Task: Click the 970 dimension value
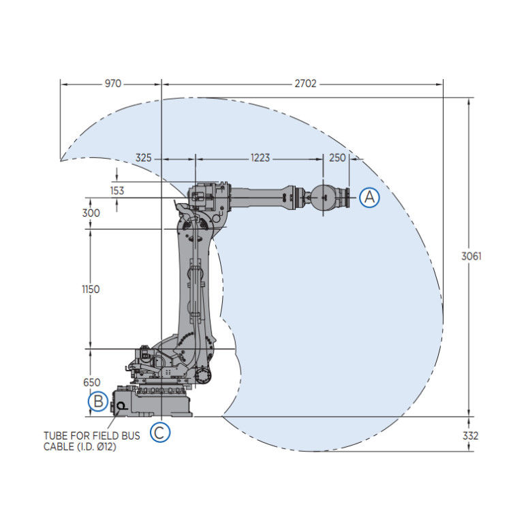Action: [112, 84]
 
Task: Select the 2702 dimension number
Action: [305, 84]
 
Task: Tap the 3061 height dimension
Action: [471, 256]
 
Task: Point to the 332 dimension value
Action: [470, 436]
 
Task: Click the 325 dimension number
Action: [144, 158]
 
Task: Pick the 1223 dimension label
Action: [260, 158]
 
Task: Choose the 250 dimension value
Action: [337, 158]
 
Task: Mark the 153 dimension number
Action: [117, 191]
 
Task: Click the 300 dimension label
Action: [91, 213]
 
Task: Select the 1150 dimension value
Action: [91, 290]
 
